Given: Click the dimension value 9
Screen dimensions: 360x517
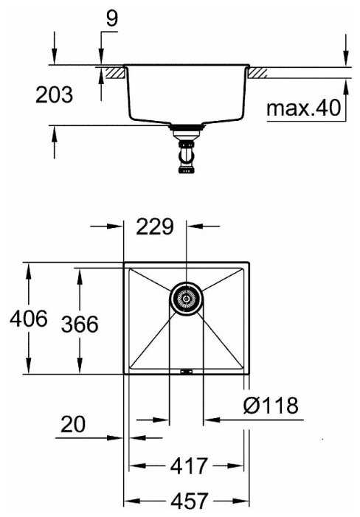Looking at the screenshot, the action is (x=111, y=18).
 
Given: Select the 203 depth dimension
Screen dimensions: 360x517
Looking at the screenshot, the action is (x=54, y=94).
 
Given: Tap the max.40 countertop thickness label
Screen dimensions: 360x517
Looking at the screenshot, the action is (x=303, y=108).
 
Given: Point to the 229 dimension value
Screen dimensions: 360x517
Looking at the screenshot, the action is (x=155, y=226).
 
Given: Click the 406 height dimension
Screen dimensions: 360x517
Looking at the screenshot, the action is (x=29, y=319).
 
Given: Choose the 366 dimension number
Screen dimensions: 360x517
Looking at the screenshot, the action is (x=80, y=324).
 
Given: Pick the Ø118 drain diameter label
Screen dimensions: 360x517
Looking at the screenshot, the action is (x=271, y=405).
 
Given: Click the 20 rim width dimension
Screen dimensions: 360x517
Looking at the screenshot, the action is (x=73, y=424).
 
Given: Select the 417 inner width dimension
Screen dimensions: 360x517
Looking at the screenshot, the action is (x=189, y=465).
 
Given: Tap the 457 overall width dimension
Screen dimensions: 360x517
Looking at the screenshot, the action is (x=190, y=501).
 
